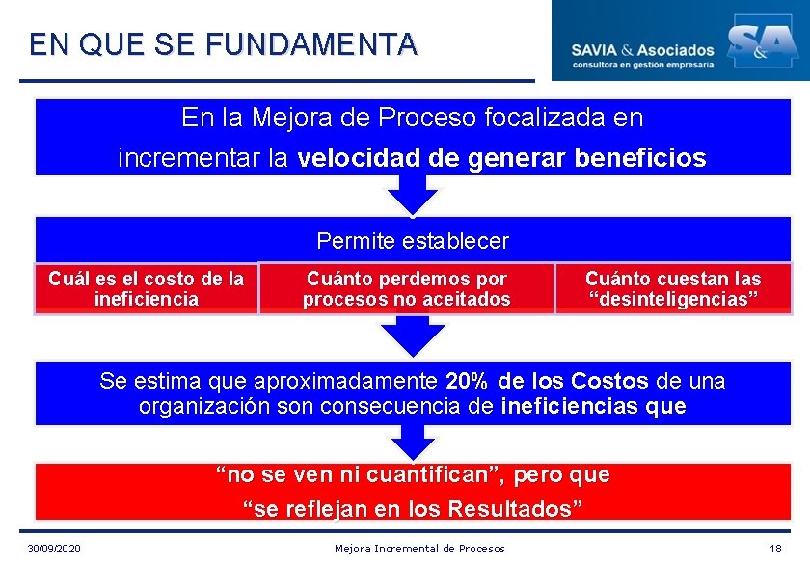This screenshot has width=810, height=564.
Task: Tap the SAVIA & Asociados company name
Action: click(x=642, y=49)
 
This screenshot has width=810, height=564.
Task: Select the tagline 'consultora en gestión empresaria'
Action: click(x=642, y=65)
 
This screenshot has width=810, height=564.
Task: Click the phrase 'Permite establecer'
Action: click(x=413, y=240)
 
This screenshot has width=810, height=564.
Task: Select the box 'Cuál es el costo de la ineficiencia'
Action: click(x=147, y=289)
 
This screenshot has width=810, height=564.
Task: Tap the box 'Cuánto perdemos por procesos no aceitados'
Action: click(x=406, y=289)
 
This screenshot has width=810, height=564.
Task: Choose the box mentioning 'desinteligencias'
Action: click(x=673, y=289)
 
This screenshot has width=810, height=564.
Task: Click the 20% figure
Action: click(x=468, y=381)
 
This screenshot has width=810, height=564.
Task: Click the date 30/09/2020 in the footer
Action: click(x=55, y=549)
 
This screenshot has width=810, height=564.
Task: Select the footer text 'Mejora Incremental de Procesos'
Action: click(x=419, y=549)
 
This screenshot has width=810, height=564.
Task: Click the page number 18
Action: click(x=775, y=549)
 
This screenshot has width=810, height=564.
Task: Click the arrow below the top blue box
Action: click(x=413, y=196)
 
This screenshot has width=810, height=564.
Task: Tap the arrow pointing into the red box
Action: click(x=413, y=443)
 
